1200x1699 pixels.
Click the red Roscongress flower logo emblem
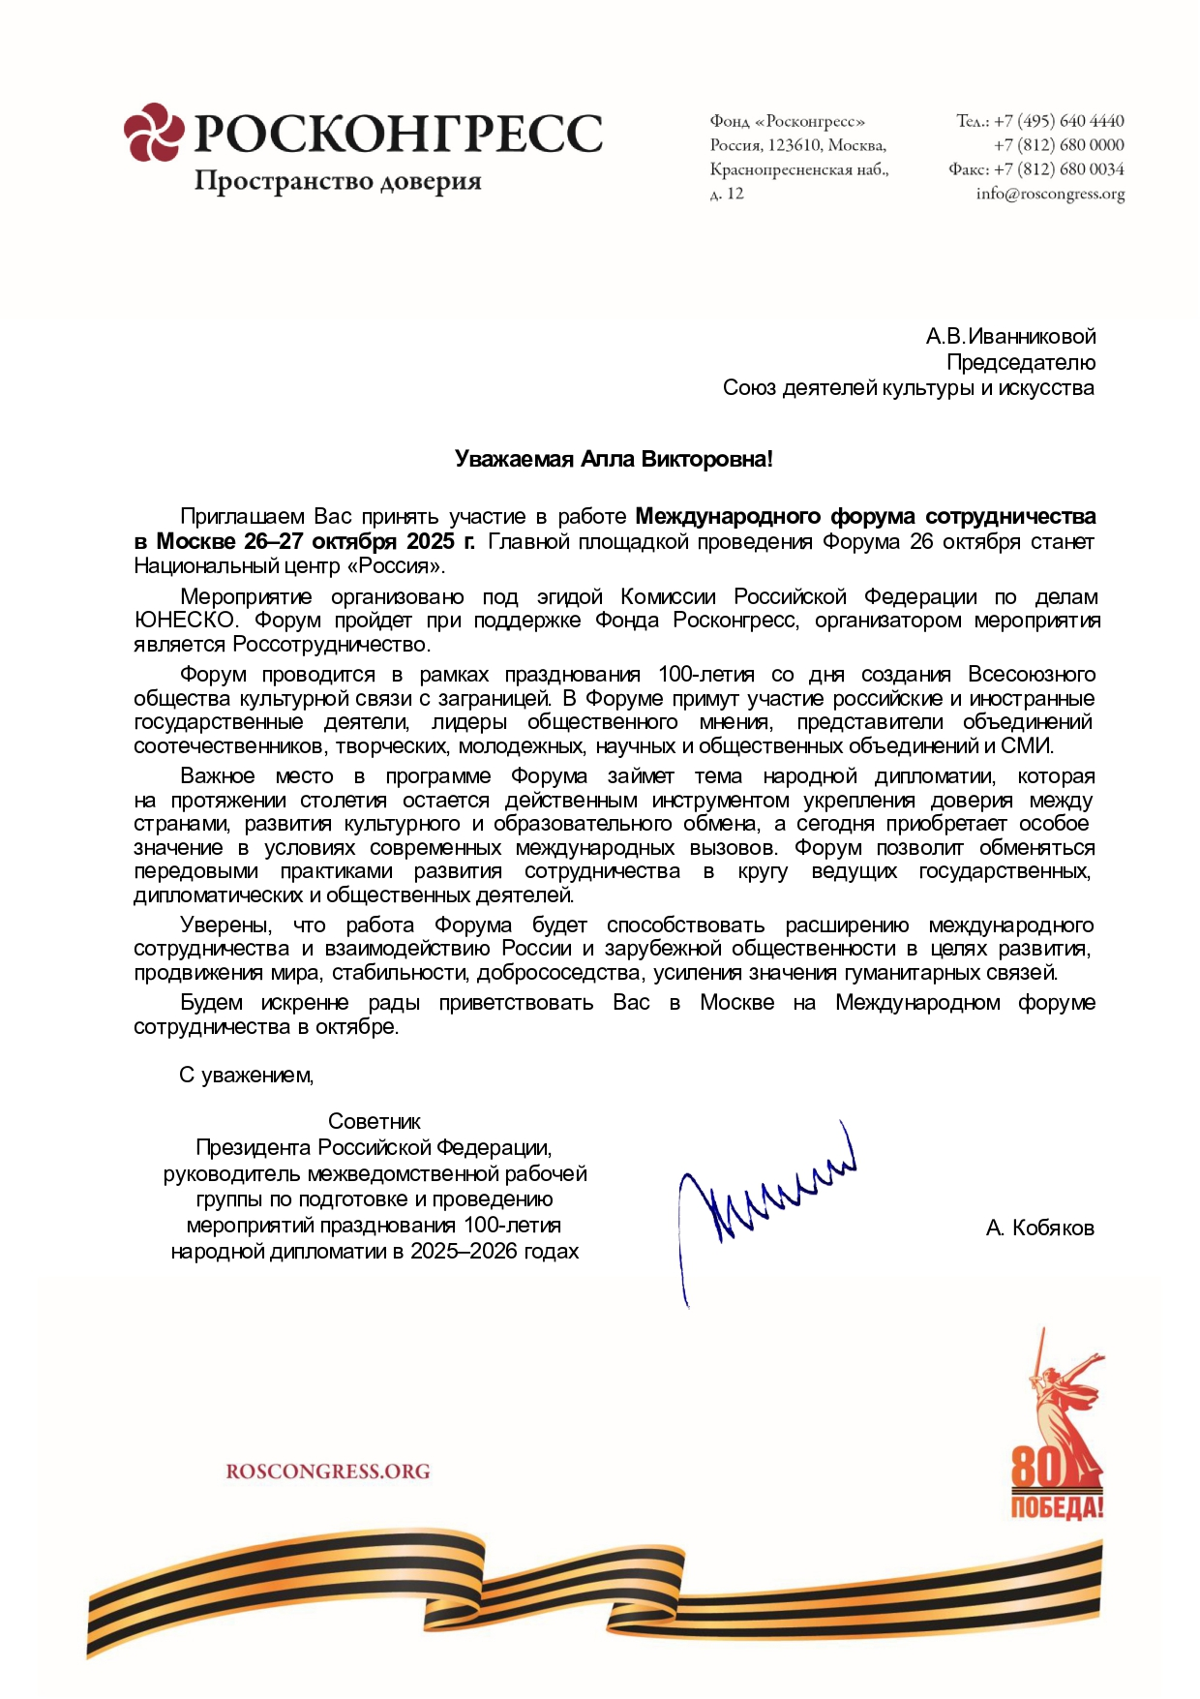(x=153, y=132)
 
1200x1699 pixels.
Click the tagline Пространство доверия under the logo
(x=338, y=182)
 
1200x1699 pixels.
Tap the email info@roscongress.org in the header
(x=1050, y=194)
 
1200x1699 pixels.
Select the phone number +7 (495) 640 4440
(x=1059, y=121)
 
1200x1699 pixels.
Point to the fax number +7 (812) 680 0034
(x=1059, y=169)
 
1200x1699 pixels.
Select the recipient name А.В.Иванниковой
(x=1010, y=337)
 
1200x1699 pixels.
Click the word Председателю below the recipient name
(x=1021, y=363)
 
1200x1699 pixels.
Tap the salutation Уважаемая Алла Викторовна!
(x=614, y=459)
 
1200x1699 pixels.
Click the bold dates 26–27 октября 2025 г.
(x=359, y=541)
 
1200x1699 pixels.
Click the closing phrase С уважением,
(x=247, y=1076)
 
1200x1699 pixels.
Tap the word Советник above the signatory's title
(x=375, y=1122)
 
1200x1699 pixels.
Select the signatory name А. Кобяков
(x=1039, y=1229)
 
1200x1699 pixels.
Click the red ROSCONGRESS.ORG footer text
(x=328, y=1471)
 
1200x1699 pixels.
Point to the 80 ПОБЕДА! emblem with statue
(x=1057, y=1433)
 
